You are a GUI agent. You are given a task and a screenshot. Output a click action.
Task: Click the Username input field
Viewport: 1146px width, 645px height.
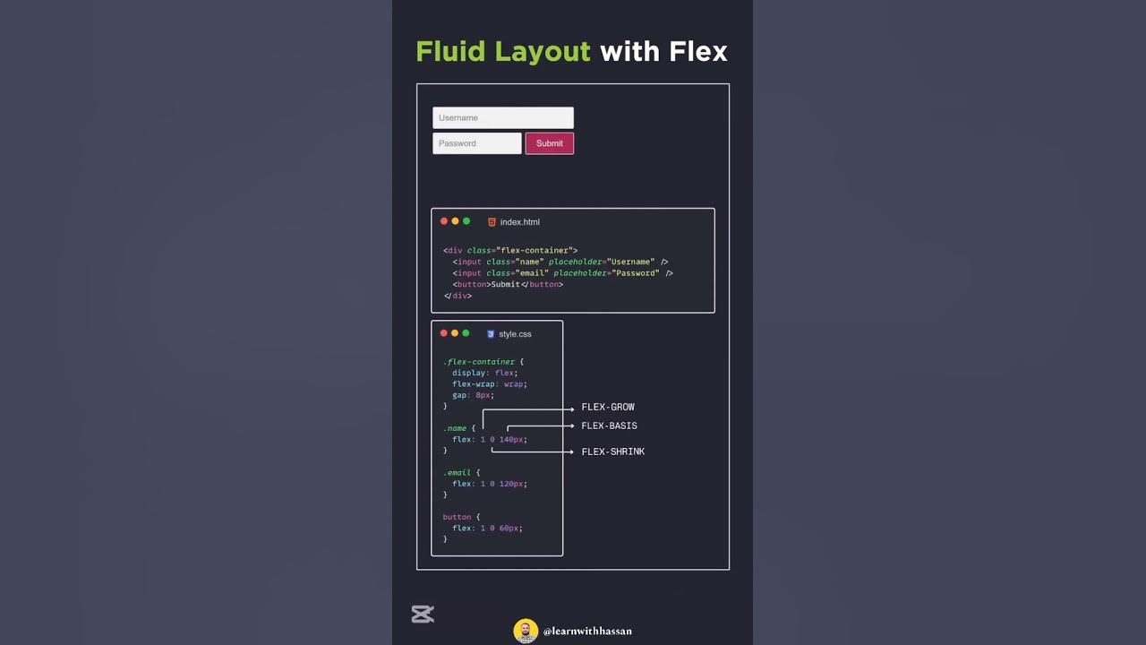502,117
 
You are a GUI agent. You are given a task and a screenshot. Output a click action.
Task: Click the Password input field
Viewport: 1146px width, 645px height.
476,143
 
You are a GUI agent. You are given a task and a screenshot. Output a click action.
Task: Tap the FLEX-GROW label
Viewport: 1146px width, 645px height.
608,408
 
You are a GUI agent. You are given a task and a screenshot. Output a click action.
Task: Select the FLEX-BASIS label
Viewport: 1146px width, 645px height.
609,426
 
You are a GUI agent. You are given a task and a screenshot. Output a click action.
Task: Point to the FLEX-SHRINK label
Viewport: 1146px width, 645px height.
612,452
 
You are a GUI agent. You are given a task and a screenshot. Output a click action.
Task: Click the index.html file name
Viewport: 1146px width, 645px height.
519,222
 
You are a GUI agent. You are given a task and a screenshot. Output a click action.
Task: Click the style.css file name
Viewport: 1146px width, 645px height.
515,334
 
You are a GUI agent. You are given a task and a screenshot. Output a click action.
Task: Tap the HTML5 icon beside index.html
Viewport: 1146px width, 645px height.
492,222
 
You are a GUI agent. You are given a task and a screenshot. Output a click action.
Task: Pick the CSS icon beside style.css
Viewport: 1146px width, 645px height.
491,334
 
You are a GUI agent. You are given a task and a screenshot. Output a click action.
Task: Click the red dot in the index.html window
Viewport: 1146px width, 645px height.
444,221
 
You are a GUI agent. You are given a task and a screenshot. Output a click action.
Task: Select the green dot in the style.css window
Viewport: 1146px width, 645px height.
466,333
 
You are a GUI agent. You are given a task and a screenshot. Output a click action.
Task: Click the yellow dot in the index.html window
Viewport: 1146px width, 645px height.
455,221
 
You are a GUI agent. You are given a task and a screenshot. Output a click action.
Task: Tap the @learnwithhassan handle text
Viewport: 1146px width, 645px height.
587,632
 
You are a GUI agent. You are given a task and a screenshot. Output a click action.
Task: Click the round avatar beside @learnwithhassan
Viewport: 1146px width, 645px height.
526,631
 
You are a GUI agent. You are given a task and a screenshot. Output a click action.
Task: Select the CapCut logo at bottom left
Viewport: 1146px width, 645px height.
423,614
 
